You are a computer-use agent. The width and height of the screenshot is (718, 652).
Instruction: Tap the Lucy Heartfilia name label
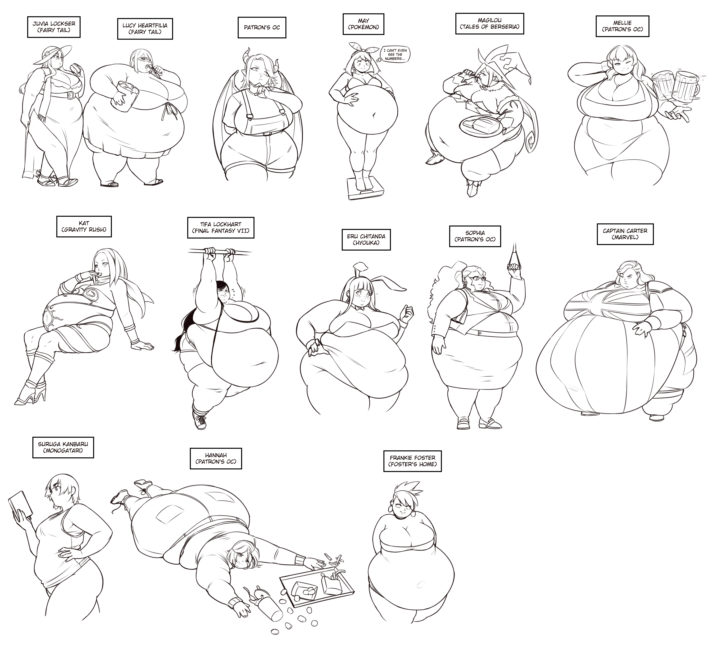145,29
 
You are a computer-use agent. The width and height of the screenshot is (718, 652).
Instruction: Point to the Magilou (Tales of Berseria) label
489,23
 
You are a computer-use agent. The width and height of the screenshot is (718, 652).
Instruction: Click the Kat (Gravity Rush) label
84,226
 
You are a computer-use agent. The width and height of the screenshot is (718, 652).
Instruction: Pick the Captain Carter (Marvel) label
625,234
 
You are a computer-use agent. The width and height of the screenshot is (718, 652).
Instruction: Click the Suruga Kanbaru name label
63,447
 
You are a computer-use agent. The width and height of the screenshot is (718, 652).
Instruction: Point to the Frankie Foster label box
412,461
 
